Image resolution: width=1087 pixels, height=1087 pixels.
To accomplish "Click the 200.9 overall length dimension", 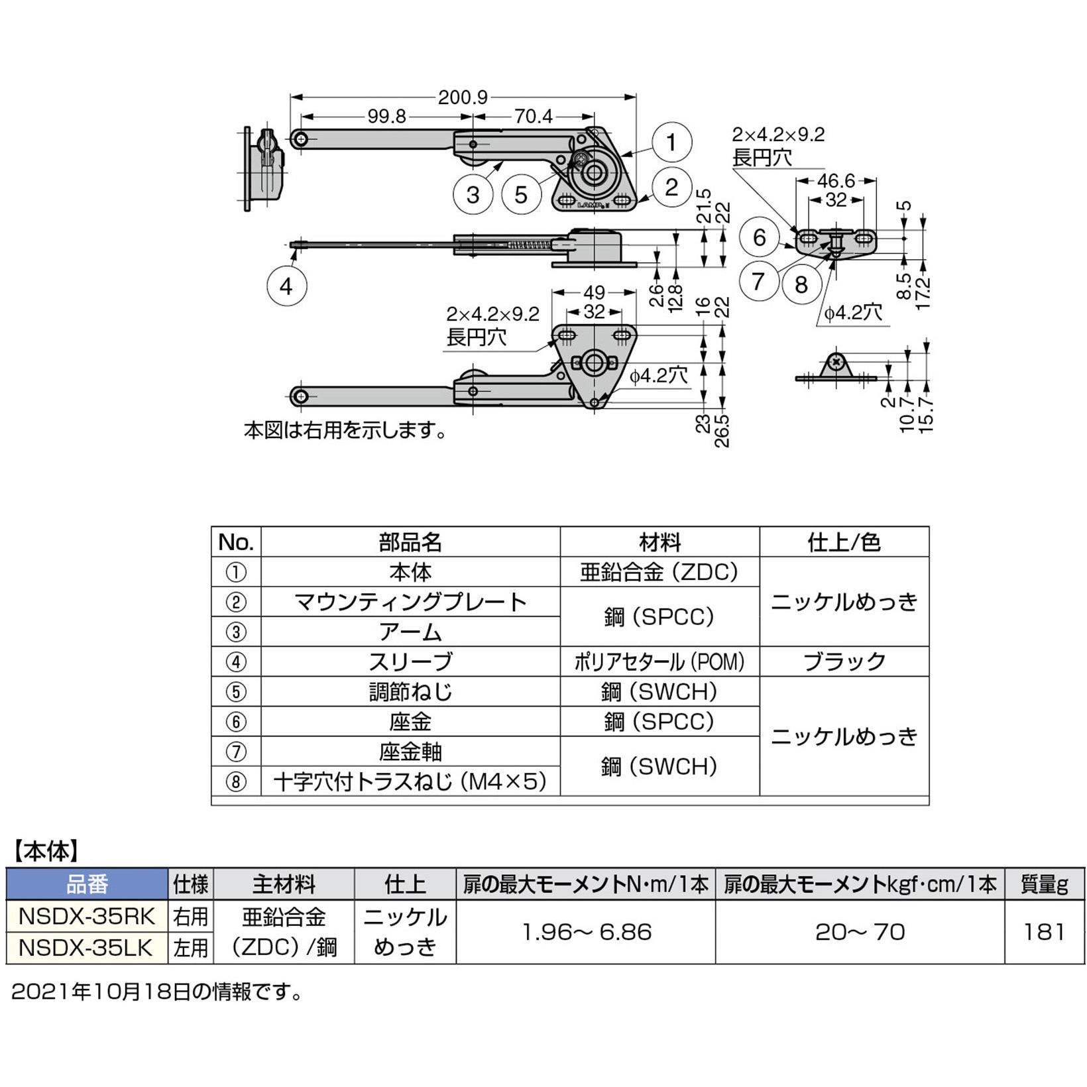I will point(462,98).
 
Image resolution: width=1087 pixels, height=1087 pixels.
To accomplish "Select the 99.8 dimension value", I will point(386,117).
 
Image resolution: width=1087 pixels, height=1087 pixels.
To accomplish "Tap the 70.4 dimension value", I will point(533,117).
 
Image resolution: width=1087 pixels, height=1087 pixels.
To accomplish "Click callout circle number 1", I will point(671,143).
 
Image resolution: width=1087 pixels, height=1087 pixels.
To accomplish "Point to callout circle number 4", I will point(286,286).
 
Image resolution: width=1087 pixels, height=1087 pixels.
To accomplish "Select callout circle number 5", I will point(522,195).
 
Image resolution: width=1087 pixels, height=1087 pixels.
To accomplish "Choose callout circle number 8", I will point(801,284).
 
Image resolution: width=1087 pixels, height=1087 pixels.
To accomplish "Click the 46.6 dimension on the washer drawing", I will point(836,181).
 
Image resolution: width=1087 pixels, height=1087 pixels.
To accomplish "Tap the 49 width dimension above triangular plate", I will point(595,292).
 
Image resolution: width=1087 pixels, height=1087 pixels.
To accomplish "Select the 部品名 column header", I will point(410,542).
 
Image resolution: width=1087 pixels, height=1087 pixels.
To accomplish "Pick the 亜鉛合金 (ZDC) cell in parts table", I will point(659,572).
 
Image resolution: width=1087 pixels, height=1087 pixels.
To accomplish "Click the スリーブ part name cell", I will point(410,661).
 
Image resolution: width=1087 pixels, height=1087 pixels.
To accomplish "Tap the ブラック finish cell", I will point(844,661).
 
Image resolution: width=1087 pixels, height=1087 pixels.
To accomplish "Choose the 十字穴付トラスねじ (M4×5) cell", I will point(410,781).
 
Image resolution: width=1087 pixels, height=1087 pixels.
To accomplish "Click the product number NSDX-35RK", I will point(86,917).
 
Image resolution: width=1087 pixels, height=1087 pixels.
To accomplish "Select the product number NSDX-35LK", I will point(86,948).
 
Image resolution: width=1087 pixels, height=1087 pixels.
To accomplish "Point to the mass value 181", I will point(1044,932).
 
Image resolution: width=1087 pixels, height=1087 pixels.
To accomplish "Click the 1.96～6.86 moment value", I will point(586,932).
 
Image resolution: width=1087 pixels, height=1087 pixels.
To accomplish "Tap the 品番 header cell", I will point(86,884).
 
